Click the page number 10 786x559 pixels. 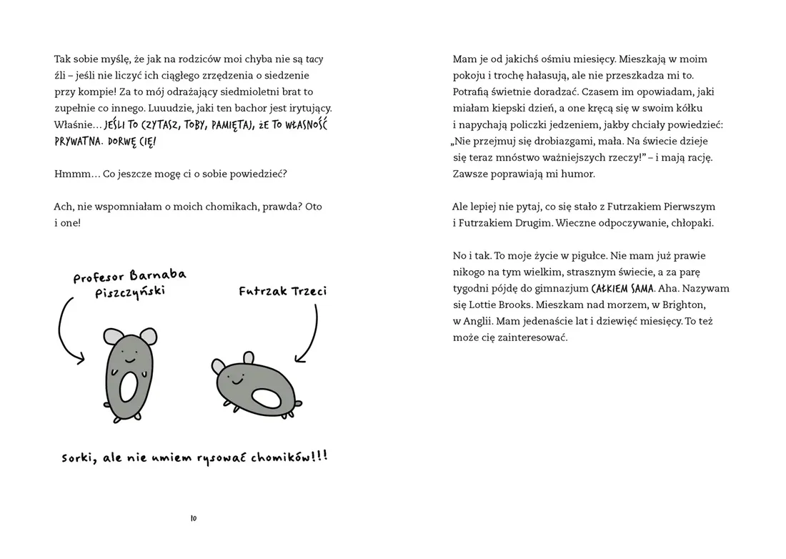click(x=193, y=518)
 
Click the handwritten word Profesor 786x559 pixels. click(x=99, y=277)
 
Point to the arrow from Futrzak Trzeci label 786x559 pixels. click(x=312, y=332)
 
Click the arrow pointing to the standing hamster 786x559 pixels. click(x=68, y=332)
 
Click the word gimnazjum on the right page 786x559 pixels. click(x=560, y=289)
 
